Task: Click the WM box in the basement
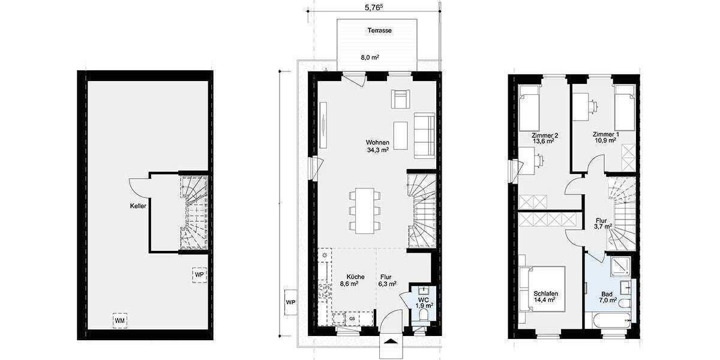120,321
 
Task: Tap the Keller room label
139,205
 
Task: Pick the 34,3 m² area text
378,150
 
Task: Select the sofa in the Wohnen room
424,135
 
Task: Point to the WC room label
424,298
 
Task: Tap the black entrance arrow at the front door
391,343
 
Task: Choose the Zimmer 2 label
545,134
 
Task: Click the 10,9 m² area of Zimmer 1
605,142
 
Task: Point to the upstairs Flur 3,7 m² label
601,223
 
